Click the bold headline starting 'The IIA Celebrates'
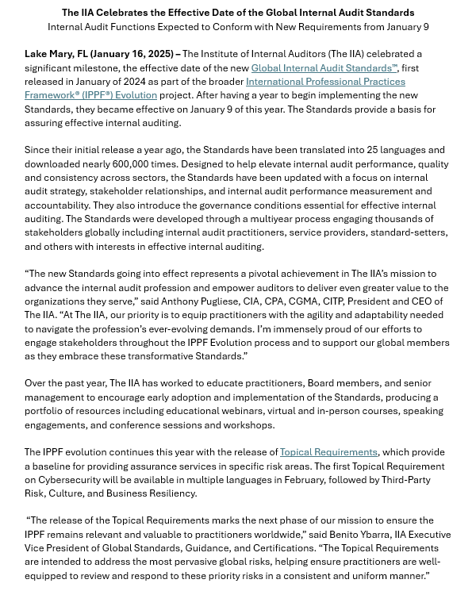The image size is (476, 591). [238, 13]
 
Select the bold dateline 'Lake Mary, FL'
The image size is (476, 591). [56, 54]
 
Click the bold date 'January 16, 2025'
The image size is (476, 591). [132, 54]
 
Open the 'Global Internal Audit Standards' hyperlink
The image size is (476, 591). [324, 68]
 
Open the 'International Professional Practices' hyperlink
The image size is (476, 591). [325, 82]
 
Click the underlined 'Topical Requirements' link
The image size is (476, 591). [328, 452]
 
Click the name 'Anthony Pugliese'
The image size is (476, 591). [198, 301]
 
